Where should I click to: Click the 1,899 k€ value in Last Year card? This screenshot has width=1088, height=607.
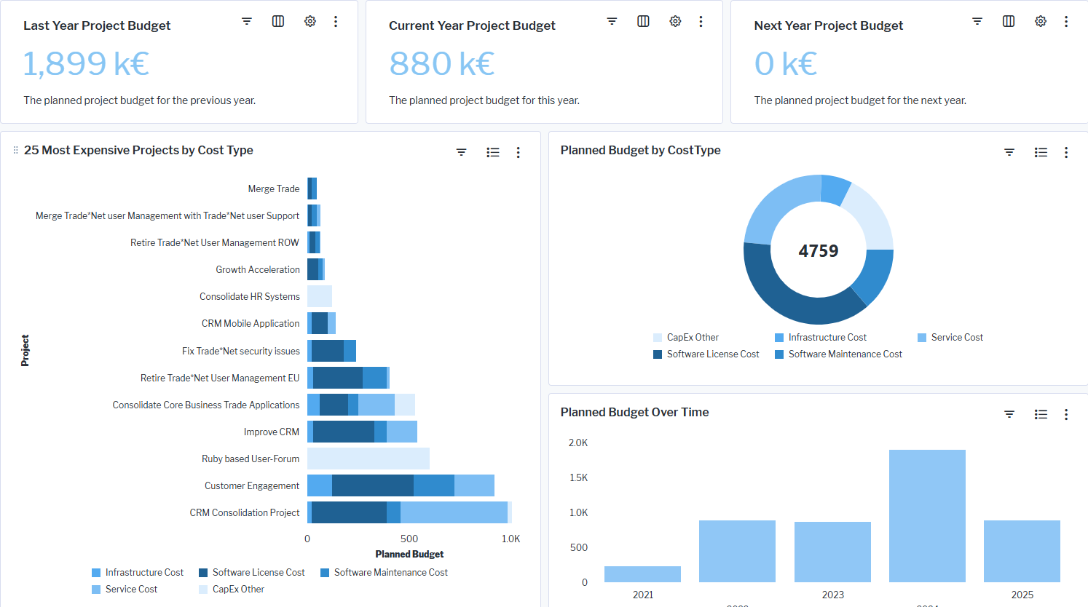click(86, 63)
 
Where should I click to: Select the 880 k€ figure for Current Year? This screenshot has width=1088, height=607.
click(441, 63)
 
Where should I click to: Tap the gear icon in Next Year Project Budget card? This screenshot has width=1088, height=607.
click(1041, 21)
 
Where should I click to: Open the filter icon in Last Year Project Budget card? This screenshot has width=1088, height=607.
click(247, 21)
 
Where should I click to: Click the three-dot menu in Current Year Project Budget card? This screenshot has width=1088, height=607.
click(701, 21)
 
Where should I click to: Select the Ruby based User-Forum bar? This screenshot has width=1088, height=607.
click(368, 459)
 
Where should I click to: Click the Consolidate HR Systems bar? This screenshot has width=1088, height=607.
click(320, 296)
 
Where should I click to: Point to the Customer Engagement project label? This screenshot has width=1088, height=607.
click(251, 485)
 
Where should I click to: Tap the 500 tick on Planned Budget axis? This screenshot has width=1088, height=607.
click(409, 539)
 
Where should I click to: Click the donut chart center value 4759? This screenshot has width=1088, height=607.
click(818, 251)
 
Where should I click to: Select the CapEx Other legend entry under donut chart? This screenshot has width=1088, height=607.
click(692, 338)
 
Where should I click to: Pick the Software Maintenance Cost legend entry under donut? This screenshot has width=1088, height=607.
click(844, 354)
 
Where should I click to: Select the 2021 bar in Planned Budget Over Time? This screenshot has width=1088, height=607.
click(642, 574)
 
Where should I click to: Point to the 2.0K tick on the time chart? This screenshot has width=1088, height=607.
click(578, 443)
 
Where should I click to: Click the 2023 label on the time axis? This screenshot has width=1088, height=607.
click(832, 595)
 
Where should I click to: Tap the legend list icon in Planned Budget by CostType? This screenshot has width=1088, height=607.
click(1041, 152)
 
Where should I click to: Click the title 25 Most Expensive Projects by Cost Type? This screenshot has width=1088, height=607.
click(138, 150)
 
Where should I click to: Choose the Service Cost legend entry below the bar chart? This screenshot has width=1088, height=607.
click(130, 590)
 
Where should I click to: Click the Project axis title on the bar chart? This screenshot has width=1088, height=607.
click(25, 350)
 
